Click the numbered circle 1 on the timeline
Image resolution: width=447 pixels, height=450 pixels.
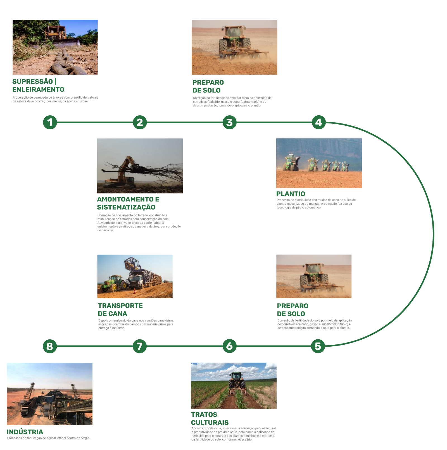point(50,122)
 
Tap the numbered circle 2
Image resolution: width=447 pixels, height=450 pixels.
point(140,122)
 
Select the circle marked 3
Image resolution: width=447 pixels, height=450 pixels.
point(229,122)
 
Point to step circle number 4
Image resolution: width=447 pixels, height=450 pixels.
point(319,122)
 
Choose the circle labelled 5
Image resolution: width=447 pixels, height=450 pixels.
point(318,346)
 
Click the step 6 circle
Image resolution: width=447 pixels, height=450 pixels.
point(229,346)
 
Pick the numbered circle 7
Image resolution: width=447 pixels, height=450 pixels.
point(140,346)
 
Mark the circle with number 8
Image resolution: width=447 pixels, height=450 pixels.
point(50,346)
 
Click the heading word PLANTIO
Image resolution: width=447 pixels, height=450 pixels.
point(291,194)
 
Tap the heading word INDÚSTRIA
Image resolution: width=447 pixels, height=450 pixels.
point(25,432)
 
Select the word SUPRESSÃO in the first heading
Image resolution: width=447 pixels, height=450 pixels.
point(33,82)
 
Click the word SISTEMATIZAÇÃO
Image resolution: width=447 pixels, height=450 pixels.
point(126,207)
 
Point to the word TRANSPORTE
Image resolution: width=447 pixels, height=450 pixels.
point(120,306)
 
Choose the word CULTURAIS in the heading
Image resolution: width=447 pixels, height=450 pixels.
point(210,423)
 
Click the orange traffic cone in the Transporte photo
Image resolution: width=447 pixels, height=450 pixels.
point(135,291)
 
